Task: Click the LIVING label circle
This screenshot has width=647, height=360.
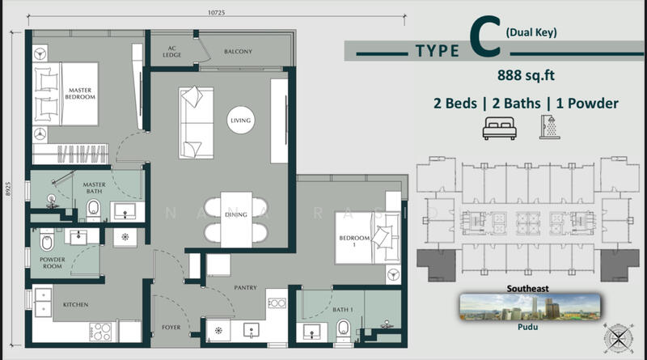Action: point(240,121)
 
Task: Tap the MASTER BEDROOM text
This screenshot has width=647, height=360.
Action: point(80,93)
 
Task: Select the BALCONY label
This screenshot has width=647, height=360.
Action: point(238,52)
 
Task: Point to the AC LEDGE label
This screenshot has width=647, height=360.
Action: point(171,52)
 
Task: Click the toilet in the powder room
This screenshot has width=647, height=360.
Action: point(47,241)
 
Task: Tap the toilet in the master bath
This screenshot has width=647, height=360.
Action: point(94,210)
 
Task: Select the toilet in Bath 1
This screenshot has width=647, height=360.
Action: point(343,330)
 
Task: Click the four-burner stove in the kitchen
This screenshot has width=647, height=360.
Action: point(100,332)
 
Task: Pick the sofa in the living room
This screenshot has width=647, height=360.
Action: point(196,123)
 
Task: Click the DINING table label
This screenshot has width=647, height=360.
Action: point(236,214)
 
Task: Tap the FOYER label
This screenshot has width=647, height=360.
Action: point(171,328)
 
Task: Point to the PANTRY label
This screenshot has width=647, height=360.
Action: point(246,288)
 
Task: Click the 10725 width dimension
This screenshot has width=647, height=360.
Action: point(217,13)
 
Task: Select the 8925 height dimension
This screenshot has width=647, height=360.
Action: point(9,189)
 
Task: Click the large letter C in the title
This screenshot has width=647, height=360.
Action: point(485,36)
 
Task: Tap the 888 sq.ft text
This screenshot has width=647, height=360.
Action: point(526,75)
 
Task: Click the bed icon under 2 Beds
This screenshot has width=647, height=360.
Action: point(499,128)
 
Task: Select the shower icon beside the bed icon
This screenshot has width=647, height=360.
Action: point(550,127)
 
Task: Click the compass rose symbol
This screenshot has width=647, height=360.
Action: point(618,338)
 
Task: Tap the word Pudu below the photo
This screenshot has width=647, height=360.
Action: point(528,327)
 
